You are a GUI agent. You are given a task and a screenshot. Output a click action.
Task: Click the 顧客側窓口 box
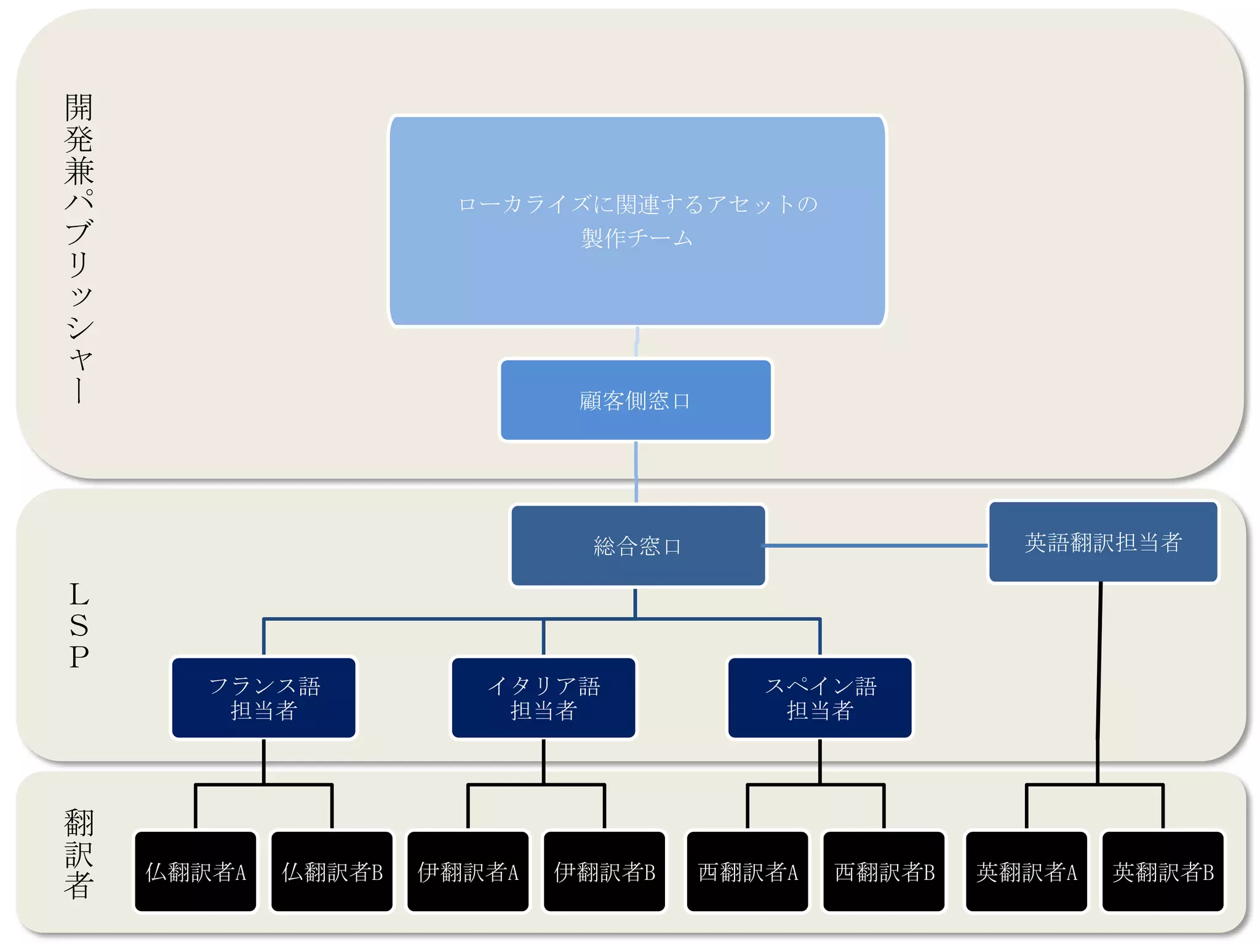coord(636,401)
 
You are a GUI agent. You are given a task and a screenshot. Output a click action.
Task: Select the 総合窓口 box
coord(638,546)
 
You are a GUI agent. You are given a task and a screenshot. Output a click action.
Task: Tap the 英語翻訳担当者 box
coord(1102,542)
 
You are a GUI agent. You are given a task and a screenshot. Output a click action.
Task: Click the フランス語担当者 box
coord(264,698)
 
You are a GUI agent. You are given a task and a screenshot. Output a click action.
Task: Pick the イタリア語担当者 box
coord(543,698)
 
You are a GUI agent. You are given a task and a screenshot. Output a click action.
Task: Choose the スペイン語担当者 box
coord(819,698)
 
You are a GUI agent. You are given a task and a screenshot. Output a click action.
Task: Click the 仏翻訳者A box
coord(196,871)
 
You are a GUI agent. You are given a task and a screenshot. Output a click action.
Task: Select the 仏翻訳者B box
coord(332,871)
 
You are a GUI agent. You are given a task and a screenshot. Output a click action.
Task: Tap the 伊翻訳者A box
coord(468,871)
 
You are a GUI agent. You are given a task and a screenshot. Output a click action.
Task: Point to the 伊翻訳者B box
coord(605,871)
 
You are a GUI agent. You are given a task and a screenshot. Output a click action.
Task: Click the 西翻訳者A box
coord(748,871)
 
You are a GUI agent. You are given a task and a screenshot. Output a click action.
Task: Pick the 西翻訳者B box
coord(884,871)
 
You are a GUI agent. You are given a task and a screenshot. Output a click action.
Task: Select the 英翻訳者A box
coord(1027,871)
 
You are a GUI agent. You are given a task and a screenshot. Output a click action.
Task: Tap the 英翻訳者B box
coord(1163,871)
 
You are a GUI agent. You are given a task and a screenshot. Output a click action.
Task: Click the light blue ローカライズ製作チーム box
coord(637,221)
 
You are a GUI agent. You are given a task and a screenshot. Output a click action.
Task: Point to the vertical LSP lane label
coord(79,625)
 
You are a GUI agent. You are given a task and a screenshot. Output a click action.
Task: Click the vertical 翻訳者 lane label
coord(79,854)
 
